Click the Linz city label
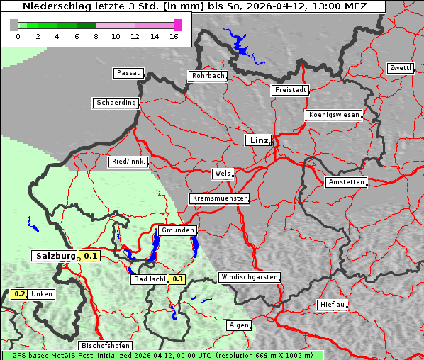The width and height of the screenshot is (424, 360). (x=259, y=140)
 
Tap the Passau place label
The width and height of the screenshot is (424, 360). (x=128, y=73)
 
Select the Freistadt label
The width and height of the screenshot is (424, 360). (x=290, y=90)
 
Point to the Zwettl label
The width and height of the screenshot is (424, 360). (x=400, y=68)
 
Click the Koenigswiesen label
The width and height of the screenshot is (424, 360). (x=334, y=115)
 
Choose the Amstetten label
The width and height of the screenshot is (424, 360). (x=346, y=182)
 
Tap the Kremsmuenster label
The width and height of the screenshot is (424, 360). (x=220, y=198)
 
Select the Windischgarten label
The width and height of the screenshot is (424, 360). (x=249, y=277)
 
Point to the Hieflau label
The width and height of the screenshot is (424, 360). (x=333, y=305)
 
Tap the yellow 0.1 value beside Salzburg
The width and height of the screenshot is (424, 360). (x=89, y=256)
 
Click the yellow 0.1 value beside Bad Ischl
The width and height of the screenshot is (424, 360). (x=177, y=279)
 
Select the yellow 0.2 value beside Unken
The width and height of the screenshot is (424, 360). (x=20, y=293)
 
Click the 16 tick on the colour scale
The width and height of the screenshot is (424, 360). (x=173, y=36)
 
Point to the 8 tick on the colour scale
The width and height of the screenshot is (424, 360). (x=95, y=36)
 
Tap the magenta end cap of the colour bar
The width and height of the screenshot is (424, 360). (x=177, y=25)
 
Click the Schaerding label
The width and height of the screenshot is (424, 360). (x=116, y=103)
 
